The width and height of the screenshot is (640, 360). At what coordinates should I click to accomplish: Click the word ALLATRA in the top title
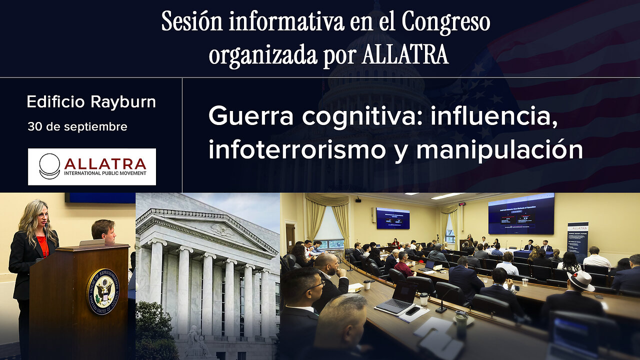click(404, 55)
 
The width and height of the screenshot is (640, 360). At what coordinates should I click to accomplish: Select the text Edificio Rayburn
click(91, 102)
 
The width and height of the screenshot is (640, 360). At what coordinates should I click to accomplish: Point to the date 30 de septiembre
click(77, 127)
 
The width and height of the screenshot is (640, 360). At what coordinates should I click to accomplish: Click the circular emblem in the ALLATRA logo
click(49, 166)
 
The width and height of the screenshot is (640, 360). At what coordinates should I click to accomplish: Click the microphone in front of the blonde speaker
click(46, 235)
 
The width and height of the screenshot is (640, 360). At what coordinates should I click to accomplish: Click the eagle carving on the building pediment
click(221, 230)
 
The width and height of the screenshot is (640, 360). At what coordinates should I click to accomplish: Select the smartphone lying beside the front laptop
click(413, 310)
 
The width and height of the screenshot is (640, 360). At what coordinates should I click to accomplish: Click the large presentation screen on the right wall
click(521, 214)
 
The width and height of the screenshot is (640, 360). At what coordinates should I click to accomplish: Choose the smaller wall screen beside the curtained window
click(392, 218)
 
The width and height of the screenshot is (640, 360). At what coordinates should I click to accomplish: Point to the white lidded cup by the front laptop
click(424, 298)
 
